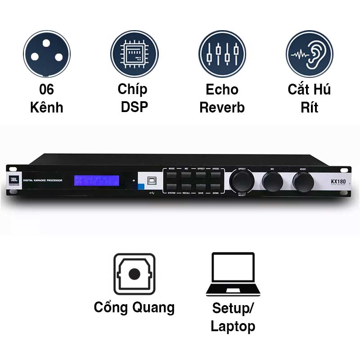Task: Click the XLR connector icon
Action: [x=46, y=54]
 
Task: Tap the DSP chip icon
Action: [x=134, y=54]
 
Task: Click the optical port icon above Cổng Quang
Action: [x=134, y=274]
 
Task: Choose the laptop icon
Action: [x=233, y=274]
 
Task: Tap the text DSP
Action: [x=134, y=108]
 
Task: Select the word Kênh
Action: [x=46, y=108]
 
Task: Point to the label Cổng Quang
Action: [x=134, y=307]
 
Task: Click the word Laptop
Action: [x=233, y=326]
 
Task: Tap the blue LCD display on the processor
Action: [x=97, y=180]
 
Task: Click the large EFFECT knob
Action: [x=242, y=181]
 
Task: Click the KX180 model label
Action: [x=334, y=181]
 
